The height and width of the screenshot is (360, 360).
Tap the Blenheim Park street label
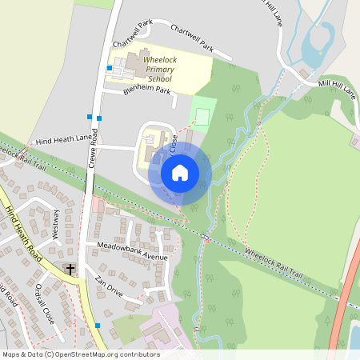pos(147,91)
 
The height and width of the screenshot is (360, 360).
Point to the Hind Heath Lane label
pos(64,139)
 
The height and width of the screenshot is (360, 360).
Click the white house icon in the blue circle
pos(180,172)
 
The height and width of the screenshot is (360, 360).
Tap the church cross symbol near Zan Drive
pos(70,270)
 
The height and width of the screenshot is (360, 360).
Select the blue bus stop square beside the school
pos(109,68)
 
